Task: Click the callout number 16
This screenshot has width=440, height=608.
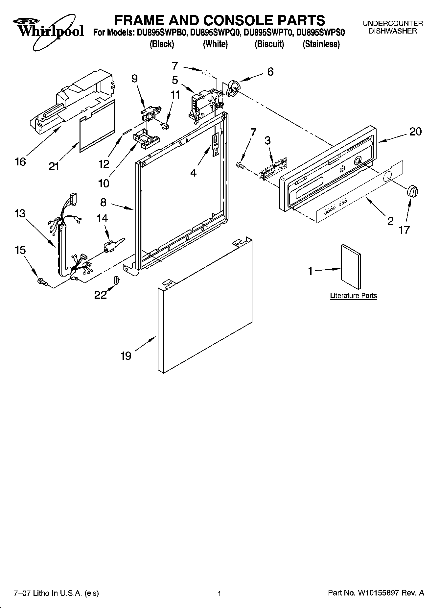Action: click(x=20, y=162)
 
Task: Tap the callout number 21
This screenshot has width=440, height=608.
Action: click(x=54, y=167)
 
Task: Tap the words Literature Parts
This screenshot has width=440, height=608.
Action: click(x=353, y=296)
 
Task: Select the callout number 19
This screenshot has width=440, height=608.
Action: click(x=126, y=355)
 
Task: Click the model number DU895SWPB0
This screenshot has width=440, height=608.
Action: click(x=162, y=33)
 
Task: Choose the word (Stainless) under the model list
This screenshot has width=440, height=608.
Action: click(x=321, y=44)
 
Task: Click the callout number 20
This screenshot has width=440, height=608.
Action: click(x=415, y=132)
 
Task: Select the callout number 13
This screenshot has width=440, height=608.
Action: click(x=20, y=213)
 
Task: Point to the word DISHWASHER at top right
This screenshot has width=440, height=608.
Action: click(x=392, y=31)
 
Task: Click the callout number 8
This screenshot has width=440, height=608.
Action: click(x=104, y=202)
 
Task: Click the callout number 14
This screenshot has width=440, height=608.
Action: click(x=102, y=218)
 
